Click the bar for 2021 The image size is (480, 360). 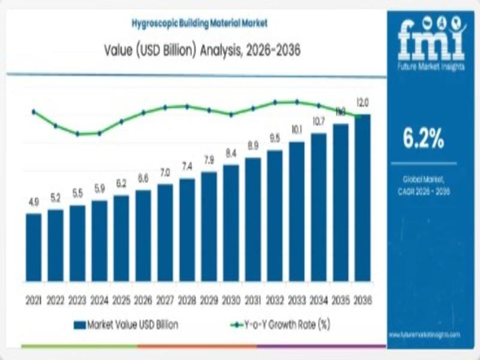click(34, 247)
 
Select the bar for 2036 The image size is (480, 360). click(362, 198)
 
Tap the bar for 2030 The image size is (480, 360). click(231, 223)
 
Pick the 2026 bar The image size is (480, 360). click(143, 236)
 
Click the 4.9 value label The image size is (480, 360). click(34, 203)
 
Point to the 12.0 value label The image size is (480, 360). click(363, 101)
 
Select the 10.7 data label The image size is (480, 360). click(319, 122)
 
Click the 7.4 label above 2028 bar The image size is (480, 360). click(187, 166)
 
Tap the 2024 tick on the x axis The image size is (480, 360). click(100, 298)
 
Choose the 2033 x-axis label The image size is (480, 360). click(296, 298)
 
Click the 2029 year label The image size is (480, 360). click(209, 298)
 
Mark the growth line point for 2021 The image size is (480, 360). click(34, 112)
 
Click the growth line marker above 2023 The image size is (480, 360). click(77, 134)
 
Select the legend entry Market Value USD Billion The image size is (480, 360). click(125, 325)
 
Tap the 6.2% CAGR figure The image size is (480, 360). click(423, 139)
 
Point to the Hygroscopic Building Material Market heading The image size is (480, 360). click(200, 23)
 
